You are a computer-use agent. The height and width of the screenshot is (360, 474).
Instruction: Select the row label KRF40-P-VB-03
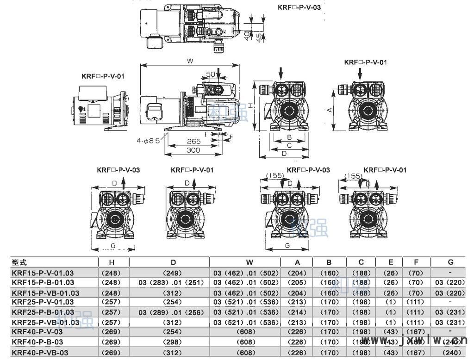(40, 353)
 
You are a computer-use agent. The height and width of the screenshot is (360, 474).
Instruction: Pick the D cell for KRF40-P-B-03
(169, 342)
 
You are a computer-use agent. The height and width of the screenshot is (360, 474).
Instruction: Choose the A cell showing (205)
(297, 283)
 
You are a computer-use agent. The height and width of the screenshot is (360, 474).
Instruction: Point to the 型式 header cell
(19, 262)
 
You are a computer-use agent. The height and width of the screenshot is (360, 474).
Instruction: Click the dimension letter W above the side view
(190, 61)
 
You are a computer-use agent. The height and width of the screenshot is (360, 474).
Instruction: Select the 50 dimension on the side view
(211, 74)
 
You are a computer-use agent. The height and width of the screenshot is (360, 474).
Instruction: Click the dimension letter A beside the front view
(329, 110)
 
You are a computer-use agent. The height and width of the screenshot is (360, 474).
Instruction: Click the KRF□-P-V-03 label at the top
(299, 7)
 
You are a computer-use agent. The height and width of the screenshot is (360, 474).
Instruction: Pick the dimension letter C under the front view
(289, 145)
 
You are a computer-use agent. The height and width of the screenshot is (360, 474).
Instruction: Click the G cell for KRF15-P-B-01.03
(450, 283)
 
